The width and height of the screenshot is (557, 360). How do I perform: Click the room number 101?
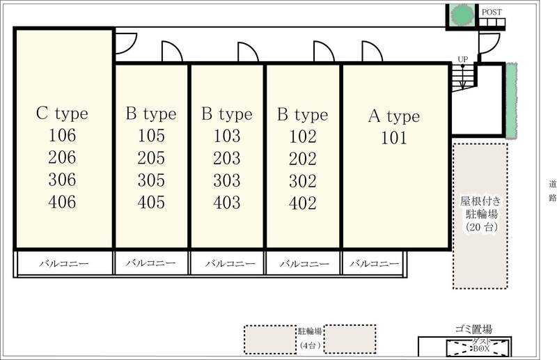pyautogui.click(x=393, y=138)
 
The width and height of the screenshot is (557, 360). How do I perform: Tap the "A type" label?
pyautogui.click(x=394, y=116)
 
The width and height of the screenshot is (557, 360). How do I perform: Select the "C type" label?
pyautogui.click(x=62, y=114)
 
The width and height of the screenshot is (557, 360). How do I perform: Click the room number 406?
pyautogui.click(x=62, y=202)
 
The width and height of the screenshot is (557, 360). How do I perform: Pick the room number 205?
pyautogui.click(x=151, y=158)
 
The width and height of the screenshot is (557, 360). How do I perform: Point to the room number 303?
pyautogui.click(x=227, y=180)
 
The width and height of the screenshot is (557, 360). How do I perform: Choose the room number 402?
pyautogui.click(x=303, y=203)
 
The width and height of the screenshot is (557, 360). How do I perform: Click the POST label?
pyautogui.click(x=492, y=12)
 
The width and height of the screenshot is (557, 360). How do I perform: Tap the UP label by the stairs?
pyautogui.click(x=462, y=59)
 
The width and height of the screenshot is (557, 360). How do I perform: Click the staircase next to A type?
pyautogui.click(x=464, y=77)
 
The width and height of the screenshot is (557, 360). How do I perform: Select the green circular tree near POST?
pyautogui.click(x=462, y=15)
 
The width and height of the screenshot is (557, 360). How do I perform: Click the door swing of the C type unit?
pyautogui.click(x=126, y=44)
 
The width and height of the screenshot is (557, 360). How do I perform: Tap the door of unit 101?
pyautogui.click(x=372, y=52)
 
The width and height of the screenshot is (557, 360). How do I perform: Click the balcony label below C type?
pyautogui.click(x=63, y=264)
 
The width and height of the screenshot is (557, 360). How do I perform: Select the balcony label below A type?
pyautogui.click(x=375, y=264)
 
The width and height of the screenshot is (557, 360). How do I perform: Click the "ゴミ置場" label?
pyautogui.click(x=473, y=329)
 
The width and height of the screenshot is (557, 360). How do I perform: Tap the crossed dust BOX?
pyautogui.click(x=478, y=347)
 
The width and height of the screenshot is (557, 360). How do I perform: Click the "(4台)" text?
pyautogui.click(x=310, y=345)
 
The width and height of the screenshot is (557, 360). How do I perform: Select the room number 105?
pyautogui.click(x=151, y=136)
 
